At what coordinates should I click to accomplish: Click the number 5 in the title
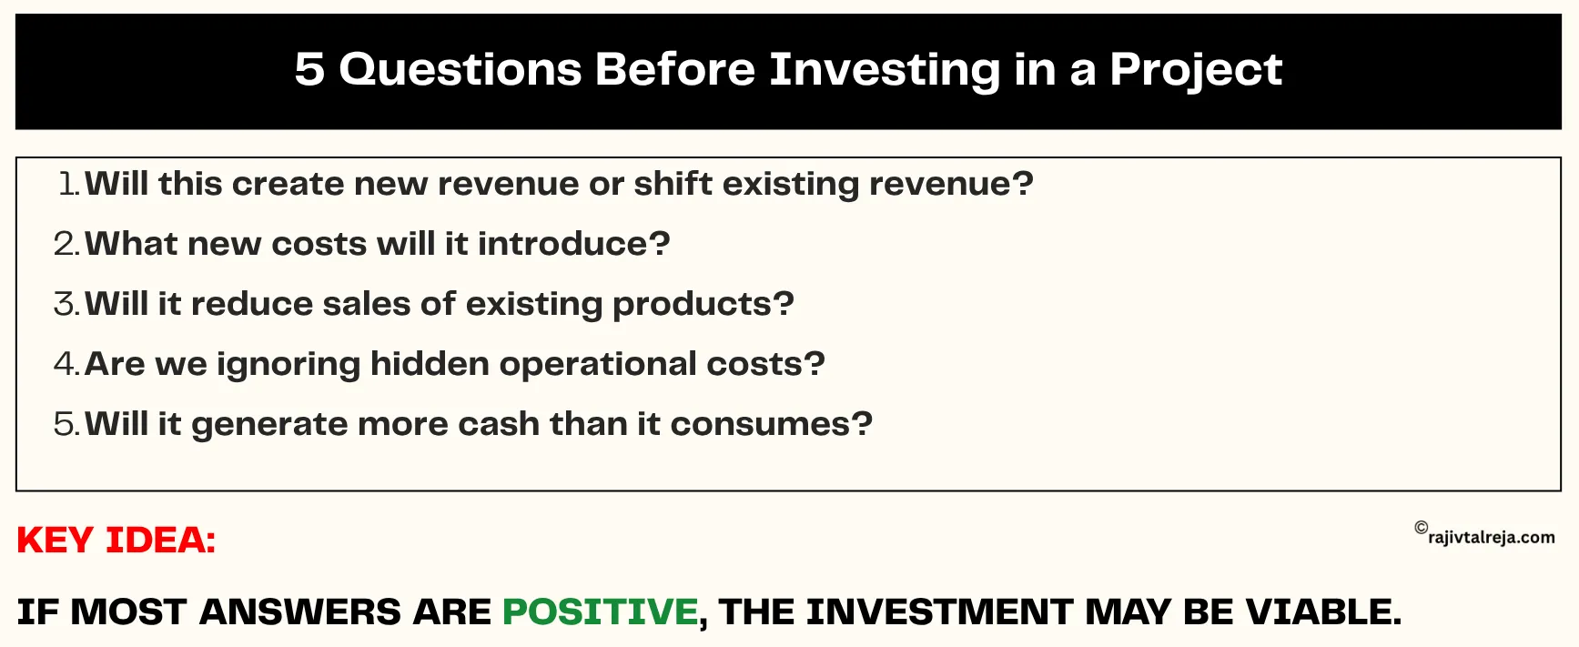pyautogui.click(x=309, y=69)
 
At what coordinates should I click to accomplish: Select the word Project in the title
pyautogui.click(x=1195, y=70)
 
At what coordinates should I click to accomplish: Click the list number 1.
pyautogui.click(x=68, y=184)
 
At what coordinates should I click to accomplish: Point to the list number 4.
pyautogui.click(x=66, y=364)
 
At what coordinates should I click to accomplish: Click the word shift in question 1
pyautogui.click(x=673, y=184)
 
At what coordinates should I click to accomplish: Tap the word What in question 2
pyautogui.click(x=131, y=244)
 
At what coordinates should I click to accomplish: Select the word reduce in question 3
pyautogui.click(x=251, y=304)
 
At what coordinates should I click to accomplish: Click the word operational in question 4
pyautogui.click(x=598, y=364)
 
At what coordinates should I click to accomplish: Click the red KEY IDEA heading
pyautogui.click(x=116, y=541)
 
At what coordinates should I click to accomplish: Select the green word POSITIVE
pyautogui.click(x=600, y=612)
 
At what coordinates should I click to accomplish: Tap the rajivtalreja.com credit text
pyautogui.click(x=1492, y=537)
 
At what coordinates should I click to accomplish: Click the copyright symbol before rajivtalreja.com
pyautogui.click(x=1421, y=528)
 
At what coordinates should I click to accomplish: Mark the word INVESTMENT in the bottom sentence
pyautogui.click(x=938, y=612)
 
